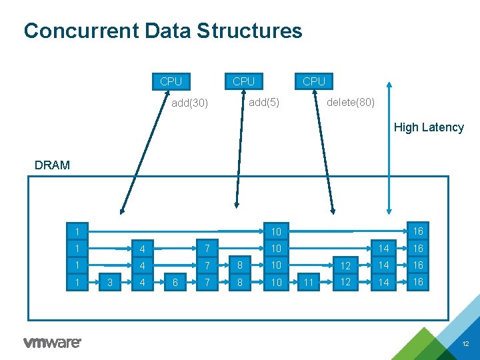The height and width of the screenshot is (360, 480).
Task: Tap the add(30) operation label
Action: [190, 103]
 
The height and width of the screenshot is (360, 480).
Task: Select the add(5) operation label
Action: [264, 102]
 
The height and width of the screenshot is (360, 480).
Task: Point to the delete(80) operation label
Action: [351, 102]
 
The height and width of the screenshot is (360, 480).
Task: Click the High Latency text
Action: [429, 127]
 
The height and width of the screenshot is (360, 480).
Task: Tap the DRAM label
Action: [52, 165]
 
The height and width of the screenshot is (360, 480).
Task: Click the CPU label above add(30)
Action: [171, 81]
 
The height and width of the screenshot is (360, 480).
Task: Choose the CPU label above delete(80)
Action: [314, 81]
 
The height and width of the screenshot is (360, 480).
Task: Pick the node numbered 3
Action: [110, 282]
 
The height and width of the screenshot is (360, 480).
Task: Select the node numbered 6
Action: [175, 282]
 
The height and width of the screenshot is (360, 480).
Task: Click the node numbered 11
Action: [307, 282]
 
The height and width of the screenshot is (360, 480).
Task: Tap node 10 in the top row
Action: [276, 231]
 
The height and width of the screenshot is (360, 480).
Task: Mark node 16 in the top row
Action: [418, 231]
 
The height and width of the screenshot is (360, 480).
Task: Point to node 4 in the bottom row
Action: [141, 282]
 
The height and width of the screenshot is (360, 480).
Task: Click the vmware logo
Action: [52, 343]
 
